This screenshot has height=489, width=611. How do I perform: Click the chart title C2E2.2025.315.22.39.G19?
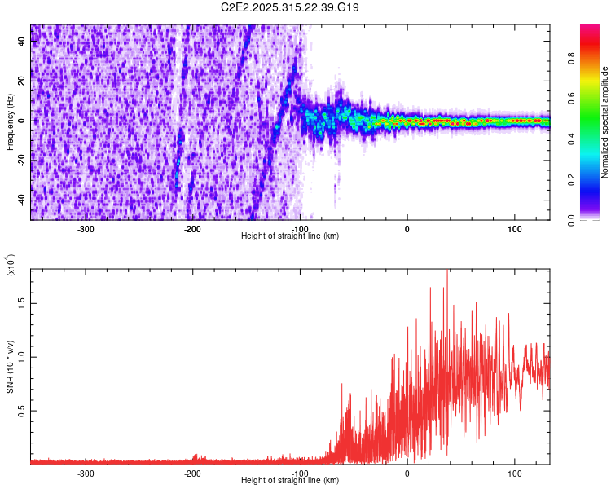click(291, 7)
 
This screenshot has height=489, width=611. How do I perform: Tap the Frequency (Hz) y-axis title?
click(10, 123)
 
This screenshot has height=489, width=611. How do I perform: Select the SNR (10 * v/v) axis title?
click(10, 368)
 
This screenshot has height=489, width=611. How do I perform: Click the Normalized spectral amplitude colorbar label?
click(605, 123)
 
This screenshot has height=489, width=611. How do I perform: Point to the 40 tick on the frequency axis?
click(23, 42)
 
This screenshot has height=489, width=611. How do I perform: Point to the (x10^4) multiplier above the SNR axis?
click(11, 266)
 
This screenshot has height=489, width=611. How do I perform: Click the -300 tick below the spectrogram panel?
click(86, 229)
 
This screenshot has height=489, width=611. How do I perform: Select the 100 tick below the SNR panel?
click(514, 473)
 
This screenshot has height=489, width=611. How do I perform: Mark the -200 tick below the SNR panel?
click(193, 473)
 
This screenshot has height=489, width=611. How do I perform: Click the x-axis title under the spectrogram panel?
click(290, 236)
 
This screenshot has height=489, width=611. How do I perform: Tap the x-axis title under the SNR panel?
click(290, 480)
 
